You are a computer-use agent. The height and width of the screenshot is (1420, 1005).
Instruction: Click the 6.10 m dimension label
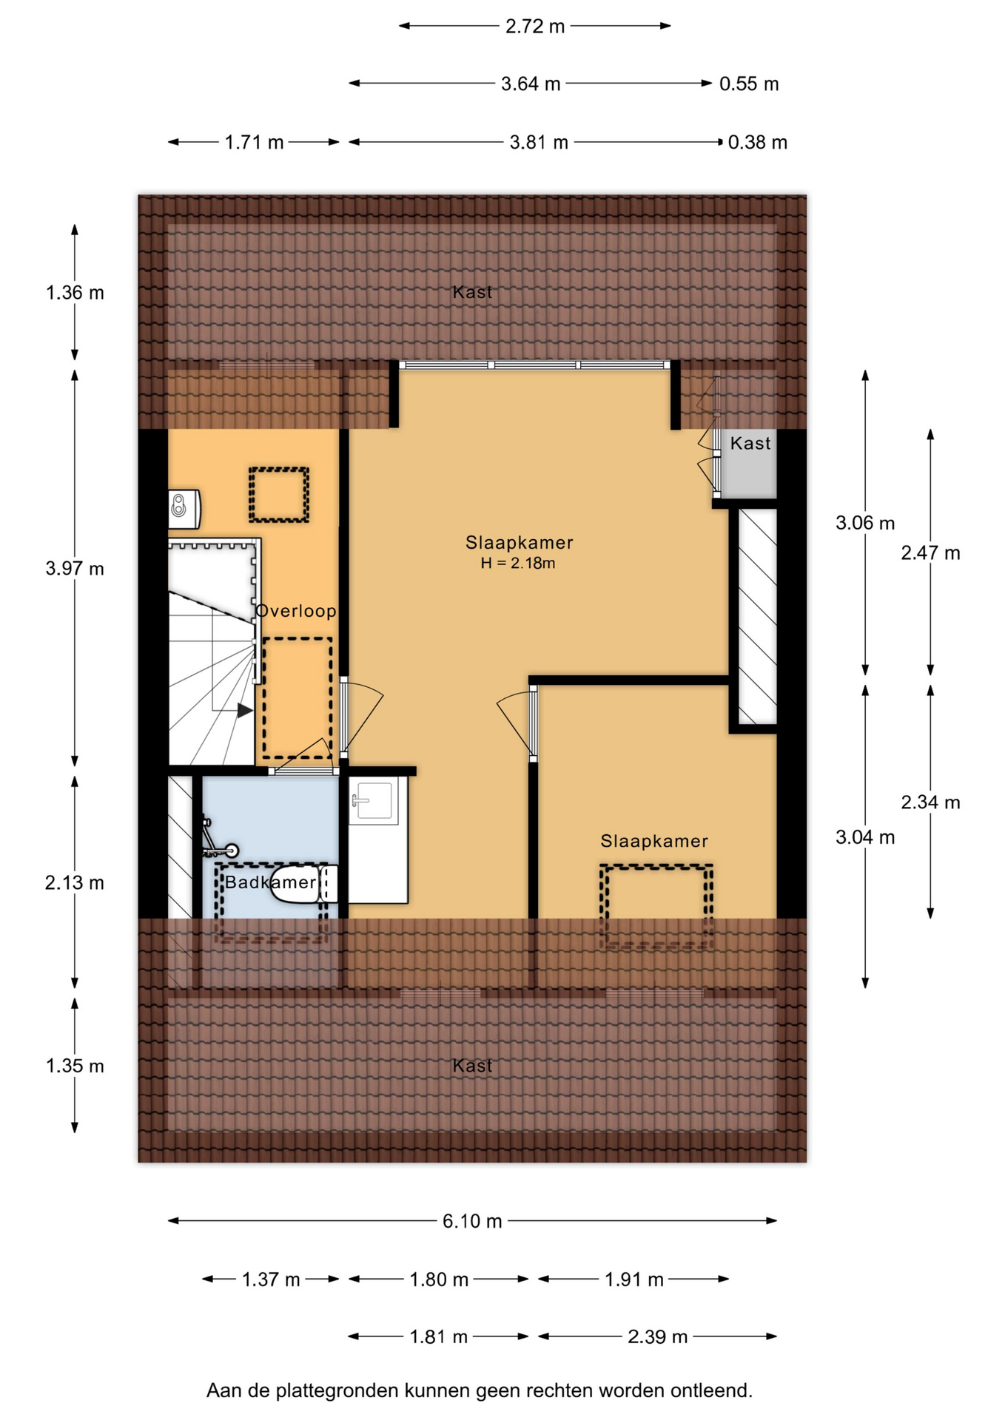[x=472, y=1221]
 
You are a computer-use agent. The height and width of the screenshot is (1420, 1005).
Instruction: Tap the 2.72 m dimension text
[x=535, y=27]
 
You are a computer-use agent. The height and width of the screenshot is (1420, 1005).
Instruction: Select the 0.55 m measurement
[x=749, y=84]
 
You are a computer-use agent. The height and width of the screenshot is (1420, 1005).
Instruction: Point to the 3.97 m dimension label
[x=75, y=569]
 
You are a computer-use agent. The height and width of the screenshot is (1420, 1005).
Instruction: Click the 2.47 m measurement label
[x=930, y=553]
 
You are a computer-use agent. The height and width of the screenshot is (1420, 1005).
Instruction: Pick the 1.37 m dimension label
[x=271, y=1279]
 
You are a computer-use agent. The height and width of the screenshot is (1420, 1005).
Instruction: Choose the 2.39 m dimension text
[x=658, y=1337]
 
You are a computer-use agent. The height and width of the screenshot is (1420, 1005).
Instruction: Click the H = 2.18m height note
[x=518, y=564]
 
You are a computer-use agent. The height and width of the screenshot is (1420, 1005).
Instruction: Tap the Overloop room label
[x=296, y=612]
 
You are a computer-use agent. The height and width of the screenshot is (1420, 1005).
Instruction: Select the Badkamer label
[x=271, y=882]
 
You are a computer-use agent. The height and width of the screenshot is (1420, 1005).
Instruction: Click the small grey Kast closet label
[x=750, y=444]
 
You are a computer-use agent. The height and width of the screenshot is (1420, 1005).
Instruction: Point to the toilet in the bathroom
[x=304, y=884]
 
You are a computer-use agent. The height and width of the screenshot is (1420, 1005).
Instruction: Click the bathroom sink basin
[x=374, y=800]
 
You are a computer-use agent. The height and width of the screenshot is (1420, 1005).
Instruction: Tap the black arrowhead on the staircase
[x=245, y=711]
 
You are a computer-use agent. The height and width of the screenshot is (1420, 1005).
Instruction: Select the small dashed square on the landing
[x=278, y=495]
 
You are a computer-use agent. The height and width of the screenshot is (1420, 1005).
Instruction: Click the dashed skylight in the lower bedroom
[x=656, y=907]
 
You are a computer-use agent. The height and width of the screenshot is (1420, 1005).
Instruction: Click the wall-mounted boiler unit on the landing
[x=184, y=509]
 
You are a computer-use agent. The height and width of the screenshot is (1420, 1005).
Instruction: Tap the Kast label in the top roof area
[x=472, y=293]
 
